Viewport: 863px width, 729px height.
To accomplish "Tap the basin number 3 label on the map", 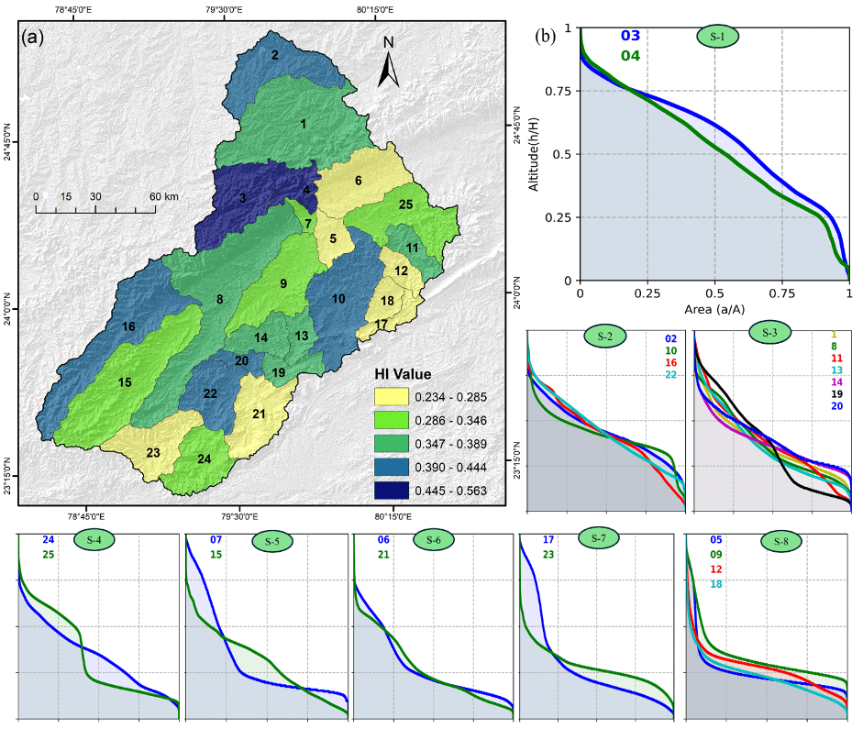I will pyautogui.click(x=242, y=197).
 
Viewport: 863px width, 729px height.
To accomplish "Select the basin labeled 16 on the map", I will pyautogui.click(x=128, y=327).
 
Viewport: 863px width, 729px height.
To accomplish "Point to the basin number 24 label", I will pyautogui.click(x=205, y=458).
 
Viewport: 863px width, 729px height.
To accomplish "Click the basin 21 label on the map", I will pyautogui.click(x=259, y=414).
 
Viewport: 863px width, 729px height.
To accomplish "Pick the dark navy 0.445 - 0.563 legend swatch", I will pyautogui.click(x=391, y=492).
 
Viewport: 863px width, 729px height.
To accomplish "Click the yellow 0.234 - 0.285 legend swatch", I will pyautogui.click(x=391, y=396).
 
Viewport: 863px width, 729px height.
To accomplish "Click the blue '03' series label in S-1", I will pyautogui.click(x=631, y=36).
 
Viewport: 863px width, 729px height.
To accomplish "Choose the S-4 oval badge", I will pyautogui.click(x=94, y=540).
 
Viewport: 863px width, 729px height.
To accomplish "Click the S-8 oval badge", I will pyautogui.click(x=781, y=541).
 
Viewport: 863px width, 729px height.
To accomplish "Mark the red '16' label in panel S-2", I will pyautogui.click(x=671, y=363).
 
